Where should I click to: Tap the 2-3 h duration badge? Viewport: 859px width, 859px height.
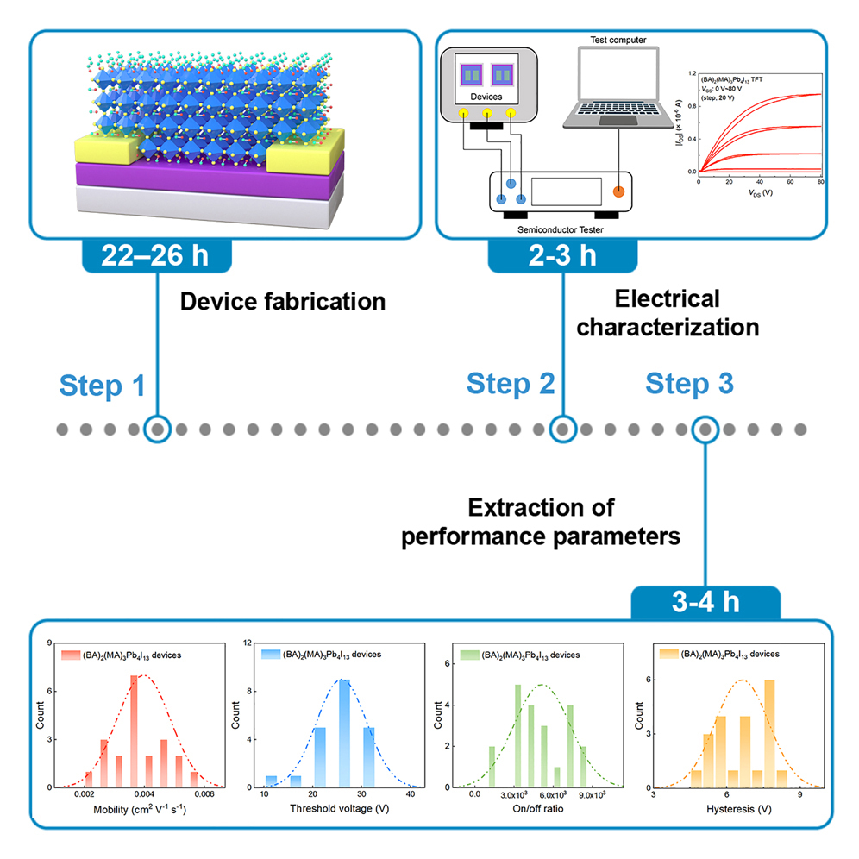click(562, 256)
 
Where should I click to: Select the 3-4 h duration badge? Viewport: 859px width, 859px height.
click(705, 602)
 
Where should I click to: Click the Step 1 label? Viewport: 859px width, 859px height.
click(103, 386)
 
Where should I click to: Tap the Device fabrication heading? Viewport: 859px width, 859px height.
click(283, 302)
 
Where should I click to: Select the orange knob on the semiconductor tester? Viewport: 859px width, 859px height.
click(618, 191)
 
